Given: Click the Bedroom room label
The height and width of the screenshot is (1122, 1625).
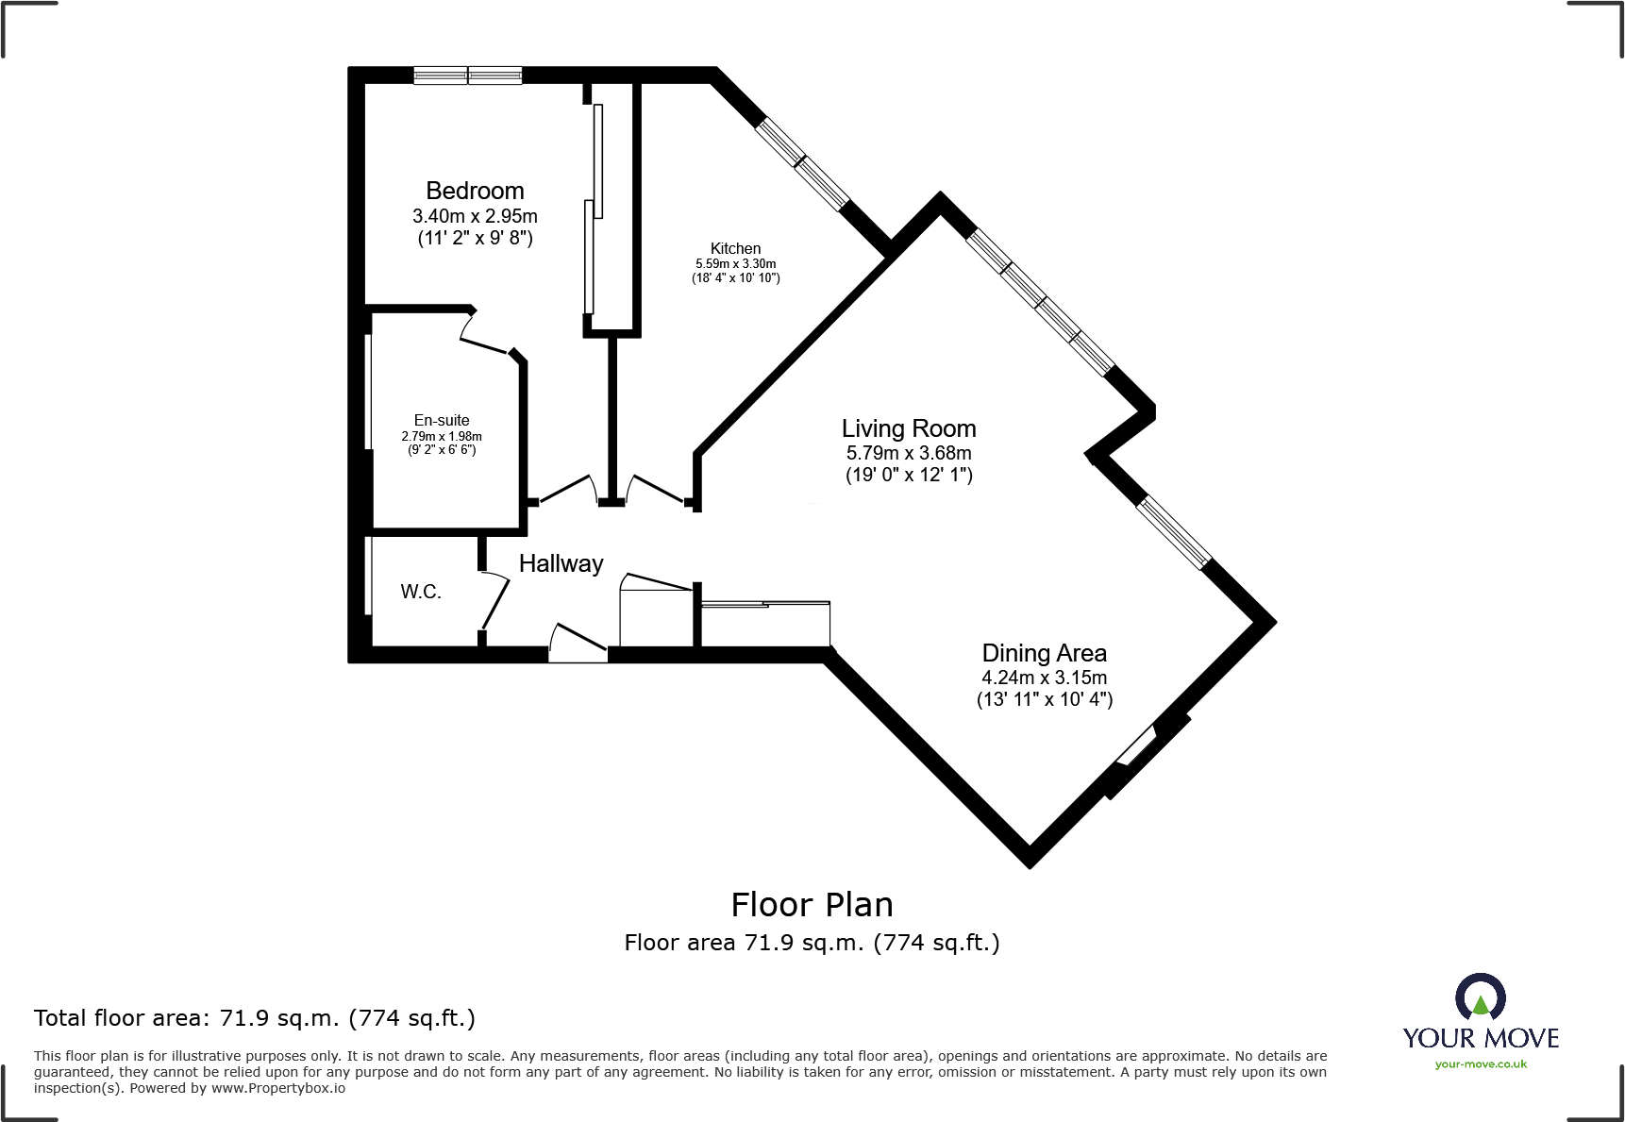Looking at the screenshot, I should point(475,191).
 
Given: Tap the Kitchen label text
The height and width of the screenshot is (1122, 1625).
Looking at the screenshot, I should point(735,248).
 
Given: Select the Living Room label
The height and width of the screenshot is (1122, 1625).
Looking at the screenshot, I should point(909,428).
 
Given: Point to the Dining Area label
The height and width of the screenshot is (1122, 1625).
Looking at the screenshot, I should point(1044,653).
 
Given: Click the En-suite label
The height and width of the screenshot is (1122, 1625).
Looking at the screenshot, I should point(442,420).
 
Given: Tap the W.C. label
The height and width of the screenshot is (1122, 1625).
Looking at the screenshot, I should point(421,592).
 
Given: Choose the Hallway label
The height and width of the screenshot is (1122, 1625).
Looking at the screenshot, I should point(561,563).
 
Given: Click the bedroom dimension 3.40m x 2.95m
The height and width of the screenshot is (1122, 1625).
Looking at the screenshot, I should point(475,216).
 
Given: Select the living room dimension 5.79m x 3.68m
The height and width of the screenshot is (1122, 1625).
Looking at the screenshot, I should point(909,453).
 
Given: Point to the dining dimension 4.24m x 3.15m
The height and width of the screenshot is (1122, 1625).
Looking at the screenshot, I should point(1044,678).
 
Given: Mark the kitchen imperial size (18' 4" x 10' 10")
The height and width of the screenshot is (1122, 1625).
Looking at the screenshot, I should point(735,278).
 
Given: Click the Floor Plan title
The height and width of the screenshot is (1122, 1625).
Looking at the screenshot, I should point(812,905).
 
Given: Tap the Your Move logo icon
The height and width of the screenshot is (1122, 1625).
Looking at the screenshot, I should point(1480,996).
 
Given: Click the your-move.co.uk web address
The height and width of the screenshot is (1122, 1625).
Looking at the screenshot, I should point(1481,1064).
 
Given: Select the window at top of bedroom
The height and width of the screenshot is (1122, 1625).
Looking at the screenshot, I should point(468,75).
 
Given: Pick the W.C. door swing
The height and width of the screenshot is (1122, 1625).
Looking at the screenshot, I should point(494,598).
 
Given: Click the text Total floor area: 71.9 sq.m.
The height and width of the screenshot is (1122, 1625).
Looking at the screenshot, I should point(255,1018).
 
